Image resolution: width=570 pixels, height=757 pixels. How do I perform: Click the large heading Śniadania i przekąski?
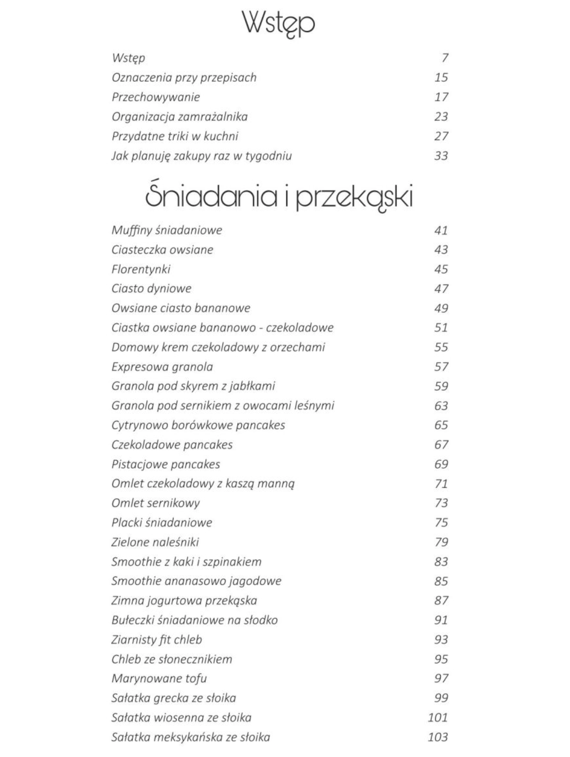click(x=279, y=197)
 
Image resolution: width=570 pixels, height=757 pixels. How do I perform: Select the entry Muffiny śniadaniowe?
click(x=167, y=230)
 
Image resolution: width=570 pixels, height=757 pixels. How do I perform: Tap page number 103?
click(x=438, y=737)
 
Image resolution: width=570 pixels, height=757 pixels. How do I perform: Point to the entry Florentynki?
click(x=141, y=269)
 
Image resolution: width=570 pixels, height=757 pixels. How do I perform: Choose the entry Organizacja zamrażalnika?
click(x=179, y=116)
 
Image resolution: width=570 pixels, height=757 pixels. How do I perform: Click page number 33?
click(x=441, y=156)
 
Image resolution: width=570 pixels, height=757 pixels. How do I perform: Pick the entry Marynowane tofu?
click(x=159, y=678)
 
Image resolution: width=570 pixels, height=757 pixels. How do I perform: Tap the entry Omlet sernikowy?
click(x=155, y=503)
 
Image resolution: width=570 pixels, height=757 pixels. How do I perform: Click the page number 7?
click(x=445, y=58)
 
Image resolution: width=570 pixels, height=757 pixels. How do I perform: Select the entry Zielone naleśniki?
click(x=155, y=542)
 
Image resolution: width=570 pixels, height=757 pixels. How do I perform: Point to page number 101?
click(x=438, y=717)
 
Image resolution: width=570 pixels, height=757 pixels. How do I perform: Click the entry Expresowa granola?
click(x=162, y=366)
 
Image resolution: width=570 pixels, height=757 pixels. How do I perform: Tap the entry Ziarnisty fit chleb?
click(x=157, y=639)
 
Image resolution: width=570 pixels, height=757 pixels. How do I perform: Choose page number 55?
click(x=441, y=347)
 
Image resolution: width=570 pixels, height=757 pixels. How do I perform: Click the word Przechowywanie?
click(x=156, y=97)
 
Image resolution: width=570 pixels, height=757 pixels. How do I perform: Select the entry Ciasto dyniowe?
click(x=151, y=288)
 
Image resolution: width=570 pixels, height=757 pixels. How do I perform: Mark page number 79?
click(x=441, y=542)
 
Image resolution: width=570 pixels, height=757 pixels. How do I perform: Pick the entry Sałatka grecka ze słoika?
click(x=174, y=698)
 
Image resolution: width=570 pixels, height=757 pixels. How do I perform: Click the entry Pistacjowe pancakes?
click(x=165, y=464)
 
